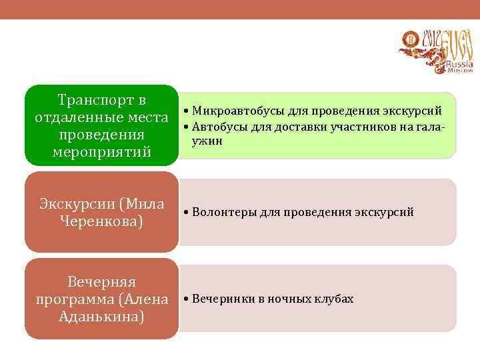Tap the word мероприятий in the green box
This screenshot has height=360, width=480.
pos(101,153)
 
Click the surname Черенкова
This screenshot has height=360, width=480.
pos(101,221)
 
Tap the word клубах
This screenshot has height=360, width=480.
pos(333,299)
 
